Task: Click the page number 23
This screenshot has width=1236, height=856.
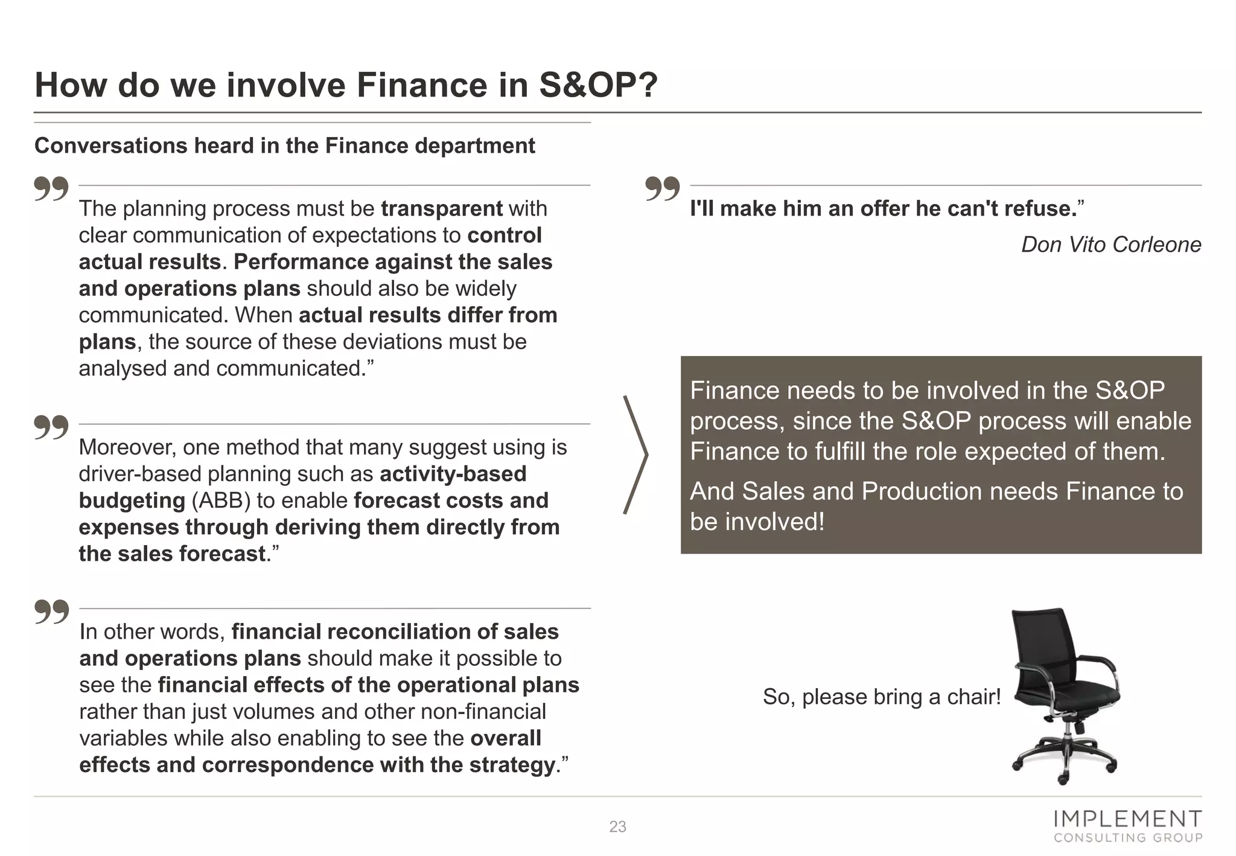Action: point(617,826)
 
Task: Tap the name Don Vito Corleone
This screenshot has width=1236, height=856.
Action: point(1110,244)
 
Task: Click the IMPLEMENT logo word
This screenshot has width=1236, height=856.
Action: point(1127,819)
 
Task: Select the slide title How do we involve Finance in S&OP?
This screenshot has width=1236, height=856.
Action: point(346,85)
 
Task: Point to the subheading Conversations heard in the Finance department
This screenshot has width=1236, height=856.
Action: point(284,145)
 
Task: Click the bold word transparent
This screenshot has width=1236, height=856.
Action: point(441,208)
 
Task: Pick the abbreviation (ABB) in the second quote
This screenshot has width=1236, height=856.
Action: point(221,500)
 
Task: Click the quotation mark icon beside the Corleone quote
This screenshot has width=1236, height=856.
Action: point(662,188)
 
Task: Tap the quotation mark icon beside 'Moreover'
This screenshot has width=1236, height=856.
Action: point(51,427)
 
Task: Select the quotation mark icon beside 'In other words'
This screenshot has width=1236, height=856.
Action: point(51,612)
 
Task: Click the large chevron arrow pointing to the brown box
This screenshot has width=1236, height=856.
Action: point(636,455)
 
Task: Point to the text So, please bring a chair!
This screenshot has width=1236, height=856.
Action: point(882,697)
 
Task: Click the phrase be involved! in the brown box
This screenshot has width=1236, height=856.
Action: point(757,522)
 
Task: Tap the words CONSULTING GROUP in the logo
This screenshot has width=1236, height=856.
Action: point(1127,838)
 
